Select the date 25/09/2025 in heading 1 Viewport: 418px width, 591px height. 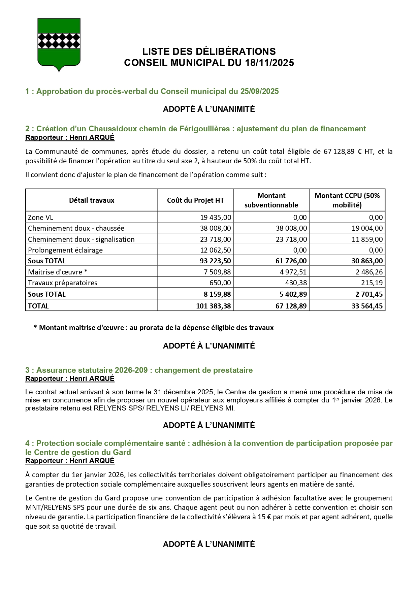[259, 92]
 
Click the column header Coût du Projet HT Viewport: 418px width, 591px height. [195, 200]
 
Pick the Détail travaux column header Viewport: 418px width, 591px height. [92, 200]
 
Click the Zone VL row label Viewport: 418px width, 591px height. [40, 218]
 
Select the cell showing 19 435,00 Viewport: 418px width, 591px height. [216, 218]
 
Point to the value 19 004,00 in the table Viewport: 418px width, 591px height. [367, 228]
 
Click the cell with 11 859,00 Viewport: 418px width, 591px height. [367, 239]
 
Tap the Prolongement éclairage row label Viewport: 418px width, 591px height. [65, 250]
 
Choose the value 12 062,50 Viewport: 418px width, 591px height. [216, 250]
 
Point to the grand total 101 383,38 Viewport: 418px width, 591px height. [214, 306]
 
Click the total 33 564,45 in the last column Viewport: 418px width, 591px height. [367, 306]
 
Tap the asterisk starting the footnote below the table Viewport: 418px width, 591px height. [35, 327]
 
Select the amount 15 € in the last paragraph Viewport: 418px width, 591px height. [262, 517]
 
